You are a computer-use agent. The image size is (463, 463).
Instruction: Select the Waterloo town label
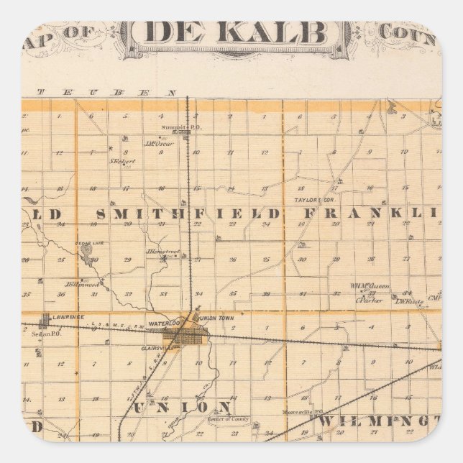tap(157, 324)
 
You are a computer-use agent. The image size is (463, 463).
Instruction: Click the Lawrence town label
tap(72, 316)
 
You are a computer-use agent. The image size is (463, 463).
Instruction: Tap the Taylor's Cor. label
tap(309, 200)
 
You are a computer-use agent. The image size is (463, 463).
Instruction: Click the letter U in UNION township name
tap(138, 407)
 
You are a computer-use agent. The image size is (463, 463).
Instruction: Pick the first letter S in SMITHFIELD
tap(101, 214)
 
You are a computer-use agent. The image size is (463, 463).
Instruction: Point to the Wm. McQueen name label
tap(370, 285)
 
